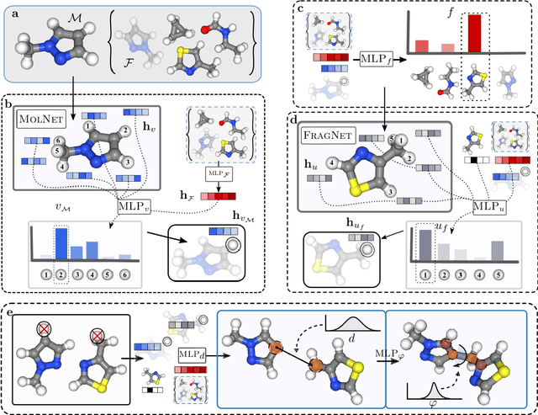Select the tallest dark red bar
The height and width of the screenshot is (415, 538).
tap(475, 34)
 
